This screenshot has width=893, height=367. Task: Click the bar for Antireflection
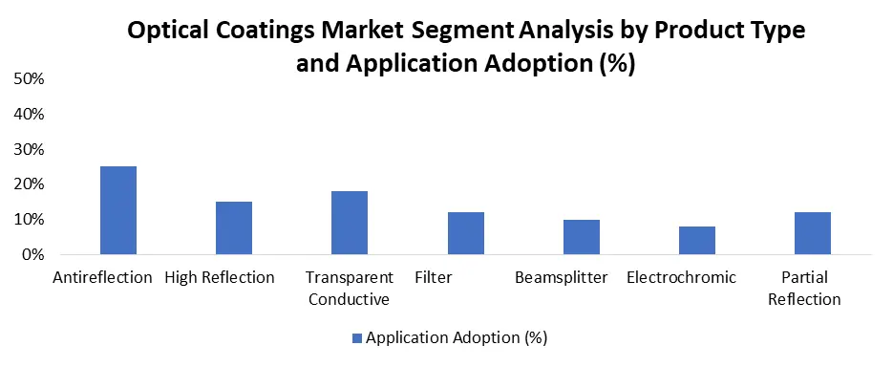click(117, 210)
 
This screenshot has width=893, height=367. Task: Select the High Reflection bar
click(234, 228)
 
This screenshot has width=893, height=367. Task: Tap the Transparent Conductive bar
click(350, 223)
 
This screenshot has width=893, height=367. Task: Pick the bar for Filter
click(466, 233)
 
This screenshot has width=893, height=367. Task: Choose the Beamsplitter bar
click(582, 237)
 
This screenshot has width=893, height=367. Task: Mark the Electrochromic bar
click(697, 241)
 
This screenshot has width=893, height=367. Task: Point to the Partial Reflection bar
click(813, 233)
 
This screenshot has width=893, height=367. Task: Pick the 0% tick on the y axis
click(32, 255)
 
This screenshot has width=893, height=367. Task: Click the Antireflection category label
click(102, 277)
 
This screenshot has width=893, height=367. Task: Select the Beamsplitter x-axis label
click(562, 277)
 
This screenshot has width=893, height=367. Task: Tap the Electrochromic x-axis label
click(681, 277)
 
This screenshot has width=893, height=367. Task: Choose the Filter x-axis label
click(434, 277)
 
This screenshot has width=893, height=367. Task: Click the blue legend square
click(357, 338)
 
